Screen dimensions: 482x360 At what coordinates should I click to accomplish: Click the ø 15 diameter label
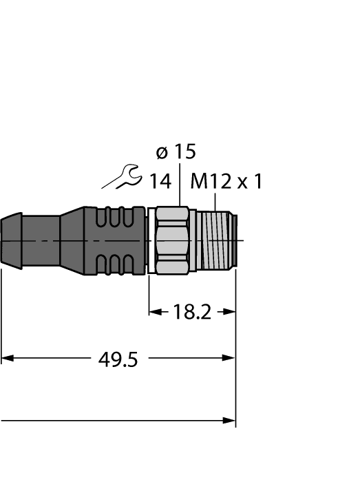[x=176, y=151]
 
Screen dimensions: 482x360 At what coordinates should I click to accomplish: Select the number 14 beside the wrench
[x=160, y=181]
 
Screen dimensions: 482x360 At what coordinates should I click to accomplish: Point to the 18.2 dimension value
[x=192, y=313]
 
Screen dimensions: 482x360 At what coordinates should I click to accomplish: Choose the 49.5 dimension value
[x=114, y=358]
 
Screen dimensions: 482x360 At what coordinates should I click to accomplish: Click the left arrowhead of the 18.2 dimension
[x=154, y=313]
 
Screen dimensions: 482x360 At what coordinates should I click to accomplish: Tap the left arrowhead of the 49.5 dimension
[x=6, y=358]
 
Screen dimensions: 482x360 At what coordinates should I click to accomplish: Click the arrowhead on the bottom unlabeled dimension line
[x=230, y=420]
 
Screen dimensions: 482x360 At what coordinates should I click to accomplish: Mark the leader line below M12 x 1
[x=216, y=202]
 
